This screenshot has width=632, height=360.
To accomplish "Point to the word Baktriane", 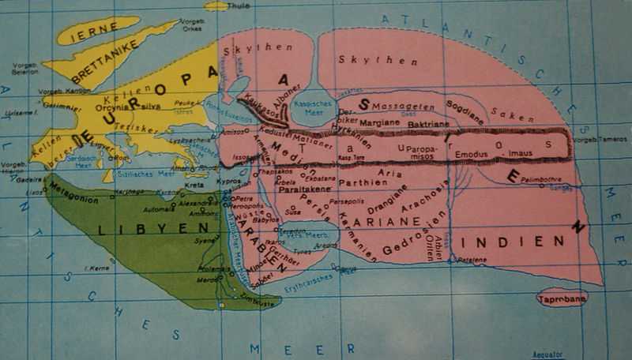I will (x=432, y=125).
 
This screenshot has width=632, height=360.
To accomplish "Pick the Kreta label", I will (x=194, y=184).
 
